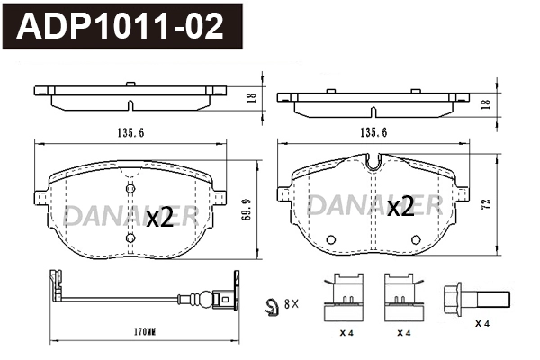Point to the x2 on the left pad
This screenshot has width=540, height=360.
[x=159, y=217]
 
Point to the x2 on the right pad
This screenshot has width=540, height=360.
[x=400, y=209]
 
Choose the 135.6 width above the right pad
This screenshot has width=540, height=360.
[x=373, y=132]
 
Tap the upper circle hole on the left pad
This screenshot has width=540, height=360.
[x=130, y=188]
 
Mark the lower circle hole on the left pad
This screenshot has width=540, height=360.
[x=130, y=238]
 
